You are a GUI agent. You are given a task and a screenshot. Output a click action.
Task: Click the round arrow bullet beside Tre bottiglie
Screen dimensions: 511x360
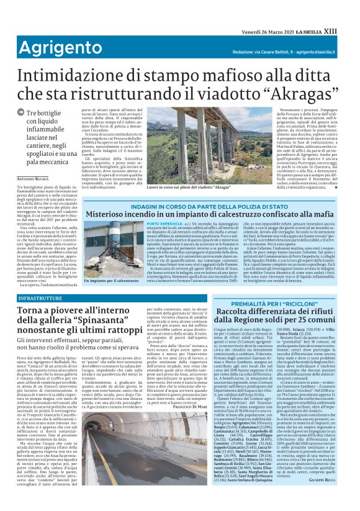[x=21, y=112]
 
